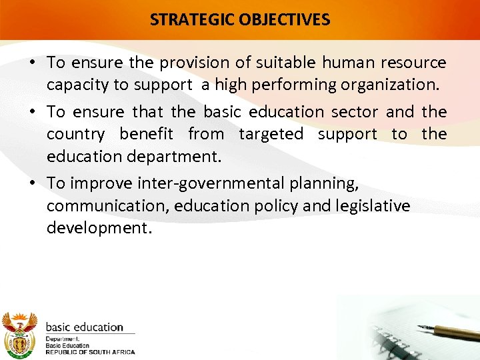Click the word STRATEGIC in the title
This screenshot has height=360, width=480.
(186, 19)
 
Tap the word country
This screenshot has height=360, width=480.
(75, 134)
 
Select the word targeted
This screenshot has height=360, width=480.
(271, 134)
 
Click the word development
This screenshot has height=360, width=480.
(98, 229)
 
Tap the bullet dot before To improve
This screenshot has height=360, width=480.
(32, 183)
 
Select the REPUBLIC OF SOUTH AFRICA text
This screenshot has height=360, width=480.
(90, 352)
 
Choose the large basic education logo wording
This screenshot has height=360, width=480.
(84, 327)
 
